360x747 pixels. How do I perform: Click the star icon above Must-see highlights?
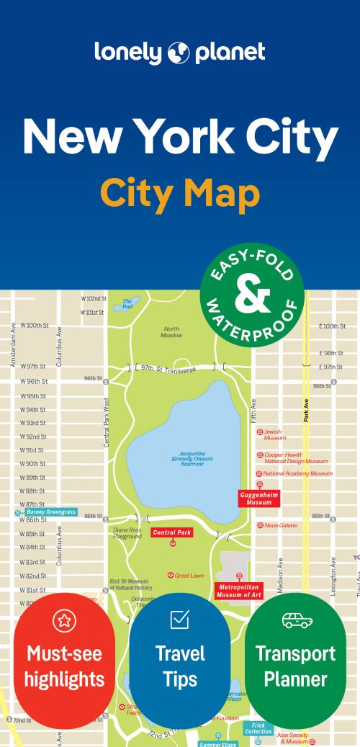64,620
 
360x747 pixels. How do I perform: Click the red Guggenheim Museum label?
258,498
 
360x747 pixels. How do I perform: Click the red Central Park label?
172,533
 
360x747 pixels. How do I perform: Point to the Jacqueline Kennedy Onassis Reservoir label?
187,460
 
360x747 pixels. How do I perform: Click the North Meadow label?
171,331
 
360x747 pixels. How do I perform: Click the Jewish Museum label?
274,434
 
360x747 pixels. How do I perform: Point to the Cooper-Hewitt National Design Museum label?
295,457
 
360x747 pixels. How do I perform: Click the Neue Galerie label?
281,526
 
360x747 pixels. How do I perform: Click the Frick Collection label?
258,728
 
